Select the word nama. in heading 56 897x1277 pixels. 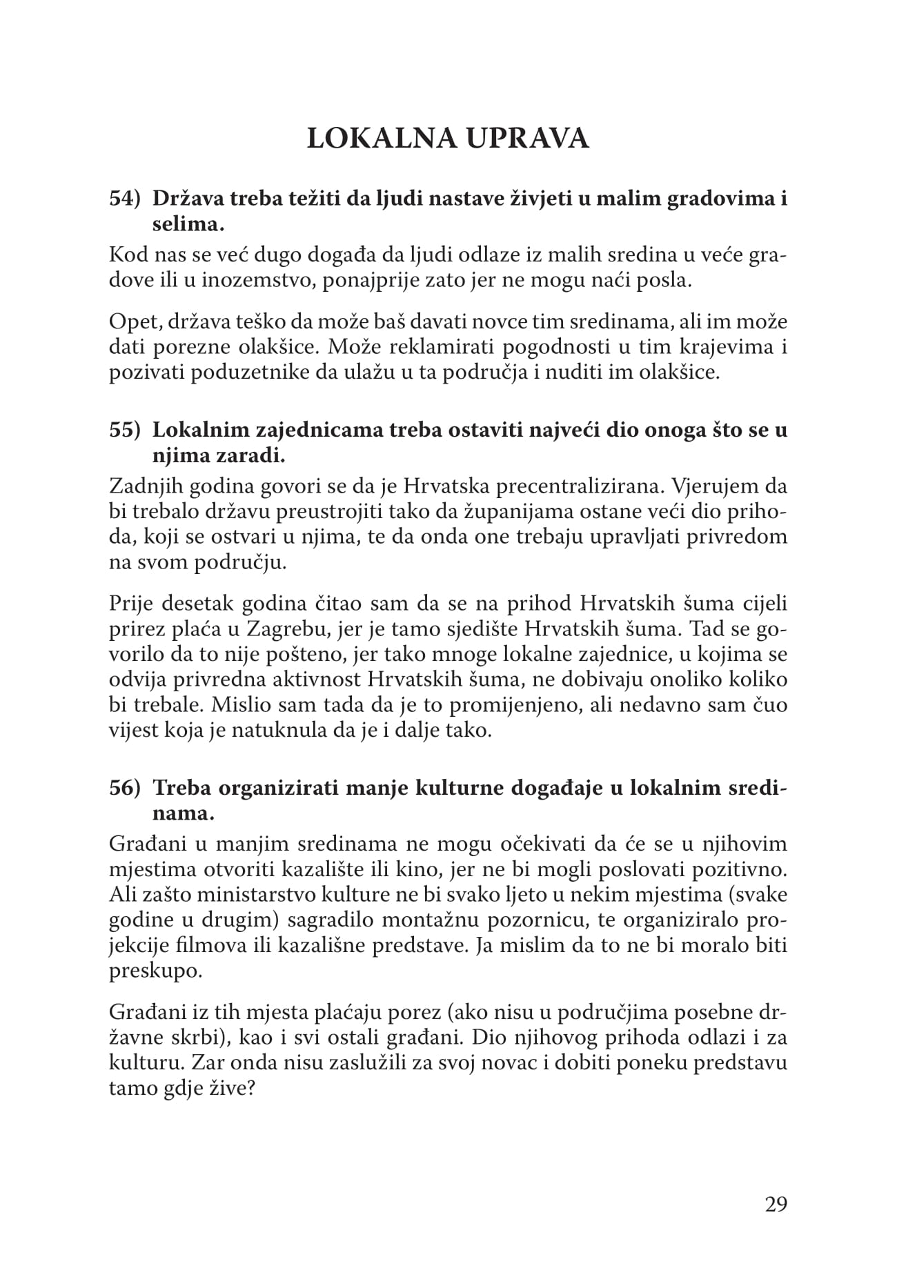(x=183, y=813)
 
